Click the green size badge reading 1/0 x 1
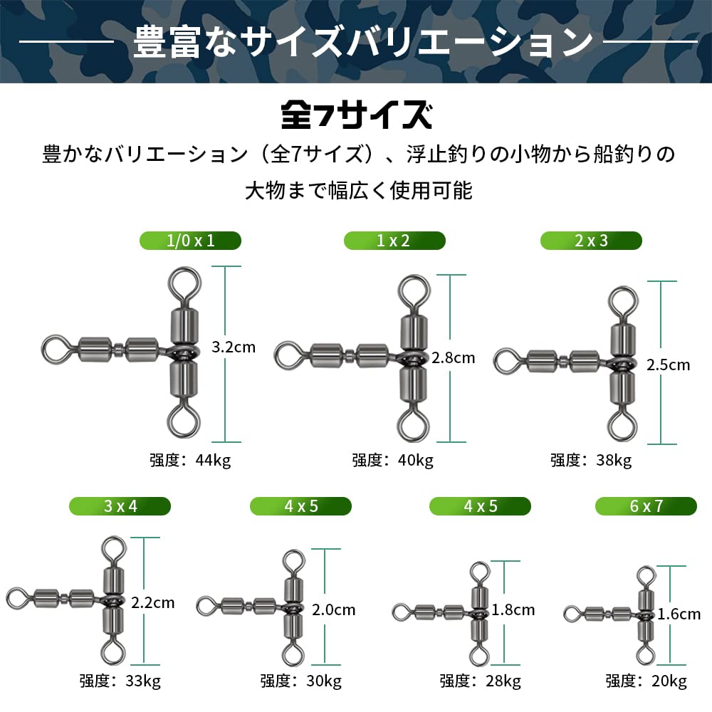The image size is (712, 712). tap(190, 240)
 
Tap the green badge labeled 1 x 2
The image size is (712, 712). tap(394, 240)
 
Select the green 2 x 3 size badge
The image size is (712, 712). tap(591, 240)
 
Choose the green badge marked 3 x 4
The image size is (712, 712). tap(120, 506)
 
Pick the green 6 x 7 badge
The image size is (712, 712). tap(646, 506)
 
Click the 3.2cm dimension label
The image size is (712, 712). tap(234, 347)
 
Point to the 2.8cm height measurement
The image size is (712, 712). tap(453, 358)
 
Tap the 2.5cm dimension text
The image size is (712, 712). tap(668, 365)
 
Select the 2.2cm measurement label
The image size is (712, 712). tap(152, 602)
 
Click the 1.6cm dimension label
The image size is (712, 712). tap(679, 614)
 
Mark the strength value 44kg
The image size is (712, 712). tap(213, 461)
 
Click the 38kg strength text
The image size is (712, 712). tap(614, 461)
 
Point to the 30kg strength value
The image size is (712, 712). tap(324, 681)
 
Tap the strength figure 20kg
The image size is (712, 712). tap(669, 681)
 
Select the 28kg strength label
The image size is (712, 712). tap(503, 681)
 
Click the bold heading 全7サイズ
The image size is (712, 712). tap(357, 115)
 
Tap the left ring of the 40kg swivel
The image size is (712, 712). tap(277, 355)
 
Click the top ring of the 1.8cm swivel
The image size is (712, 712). tap(480, 563)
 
